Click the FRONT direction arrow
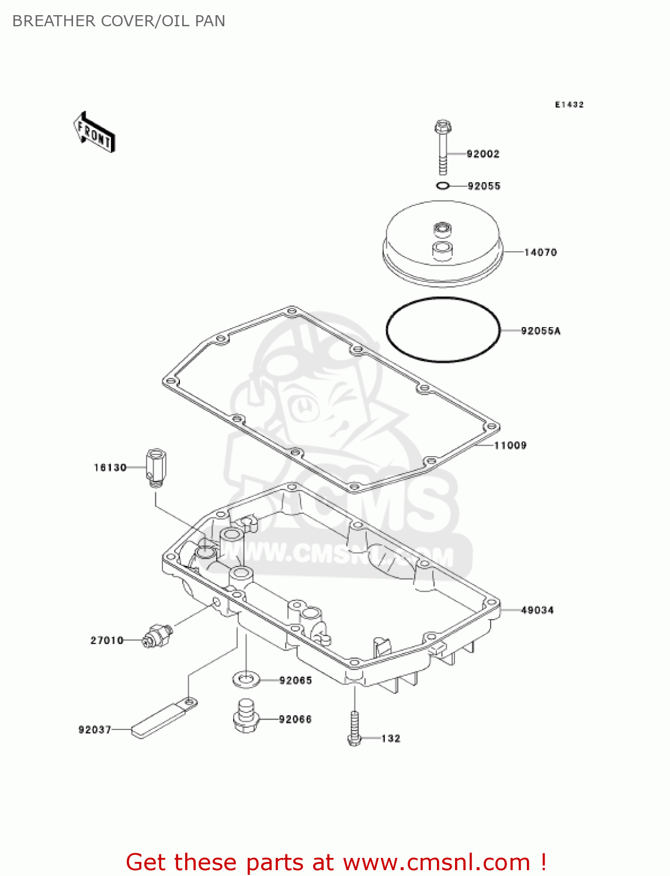[x=94, y=133]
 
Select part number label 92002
[x=482, y=154]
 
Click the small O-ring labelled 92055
[x=443, y=186]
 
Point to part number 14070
[x=540, y=252]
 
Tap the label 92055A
[x=540, y=331]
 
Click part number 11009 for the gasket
[x=510, y=446]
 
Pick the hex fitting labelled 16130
[x=155, y=467]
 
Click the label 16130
[x=110, y=468]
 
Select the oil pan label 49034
[x=537, y=610]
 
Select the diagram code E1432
[x=569, y=105]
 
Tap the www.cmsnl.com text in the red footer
[x=436, y=862]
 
